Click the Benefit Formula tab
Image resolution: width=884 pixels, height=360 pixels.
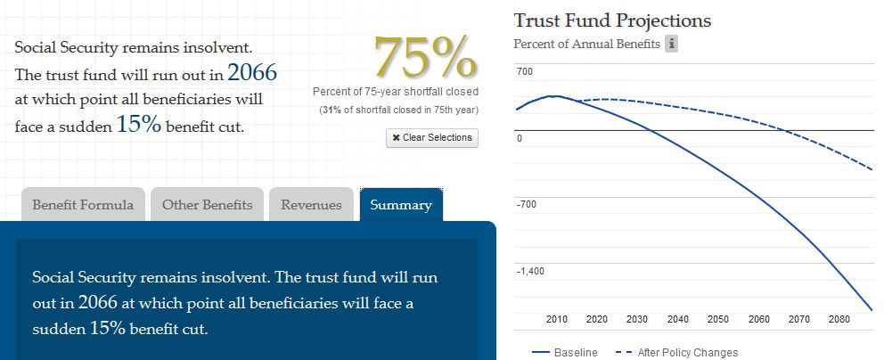click(x=83, y=205)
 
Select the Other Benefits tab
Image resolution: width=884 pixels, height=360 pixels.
click(x=207, y=205)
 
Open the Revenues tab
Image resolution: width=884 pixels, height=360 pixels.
click(x=311, y=205)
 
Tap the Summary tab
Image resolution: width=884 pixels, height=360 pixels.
click(x=401, y=205)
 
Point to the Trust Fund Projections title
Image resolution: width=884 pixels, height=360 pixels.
click(x=612, y=20)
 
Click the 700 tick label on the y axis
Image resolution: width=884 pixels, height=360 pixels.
click(x=525, y=71)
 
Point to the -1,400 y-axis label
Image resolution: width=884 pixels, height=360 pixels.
click(x=532, y=271)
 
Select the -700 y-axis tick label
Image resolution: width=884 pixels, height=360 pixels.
click(x=527, y=205)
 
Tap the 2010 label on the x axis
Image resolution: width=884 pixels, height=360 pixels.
click(x=557, y=319)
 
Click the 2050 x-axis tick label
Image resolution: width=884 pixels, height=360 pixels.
click(x=717, y=319)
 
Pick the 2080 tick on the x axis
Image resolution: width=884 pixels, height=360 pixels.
click(x=839, y=319)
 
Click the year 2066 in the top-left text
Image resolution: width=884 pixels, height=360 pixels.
click(x=252, y=72)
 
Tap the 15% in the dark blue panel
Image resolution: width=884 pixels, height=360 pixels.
click(x=102, y=328)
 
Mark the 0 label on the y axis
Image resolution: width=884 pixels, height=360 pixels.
click(x=520, y=138)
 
